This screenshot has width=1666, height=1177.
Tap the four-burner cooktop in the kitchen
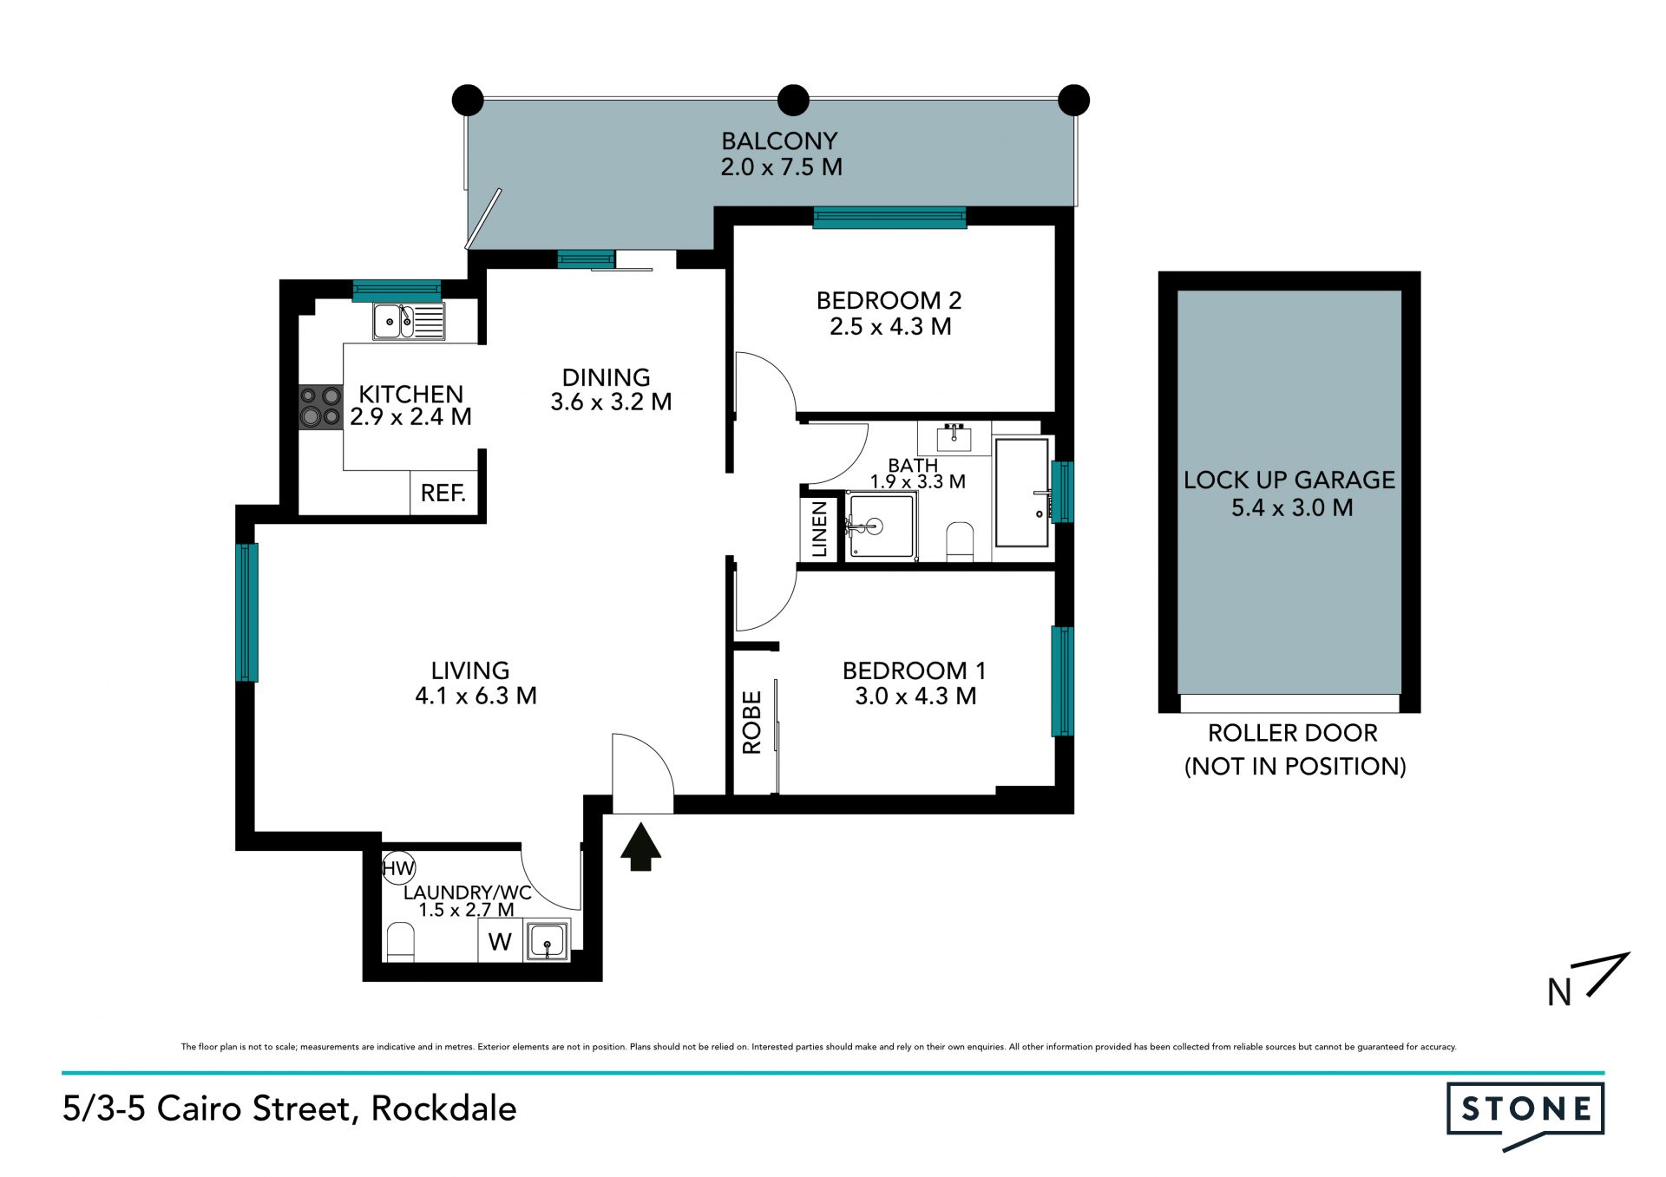(320, 408)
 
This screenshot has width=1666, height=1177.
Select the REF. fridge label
(443, 494)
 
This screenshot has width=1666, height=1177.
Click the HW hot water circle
(399, 867)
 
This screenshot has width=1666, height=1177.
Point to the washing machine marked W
(500, 941)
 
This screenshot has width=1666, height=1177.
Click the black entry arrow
(641, 847)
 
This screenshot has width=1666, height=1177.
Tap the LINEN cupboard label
(819, 529)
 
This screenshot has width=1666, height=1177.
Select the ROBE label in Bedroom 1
(751, 722)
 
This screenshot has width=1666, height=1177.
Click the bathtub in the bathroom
(1022, 493)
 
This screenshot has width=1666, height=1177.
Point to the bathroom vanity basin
(954, 438)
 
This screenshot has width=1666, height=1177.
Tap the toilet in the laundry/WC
(400, 943)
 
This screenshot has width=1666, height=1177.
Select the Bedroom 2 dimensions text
(890, 327)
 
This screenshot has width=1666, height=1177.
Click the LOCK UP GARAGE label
(1289, 480)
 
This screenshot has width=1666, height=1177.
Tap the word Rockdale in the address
(444, 1108)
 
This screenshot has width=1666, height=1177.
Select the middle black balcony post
(793, 101)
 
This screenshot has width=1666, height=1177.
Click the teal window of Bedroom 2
(889, 218)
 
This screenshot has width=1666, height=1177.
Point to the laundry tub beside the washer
(548, 941)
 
